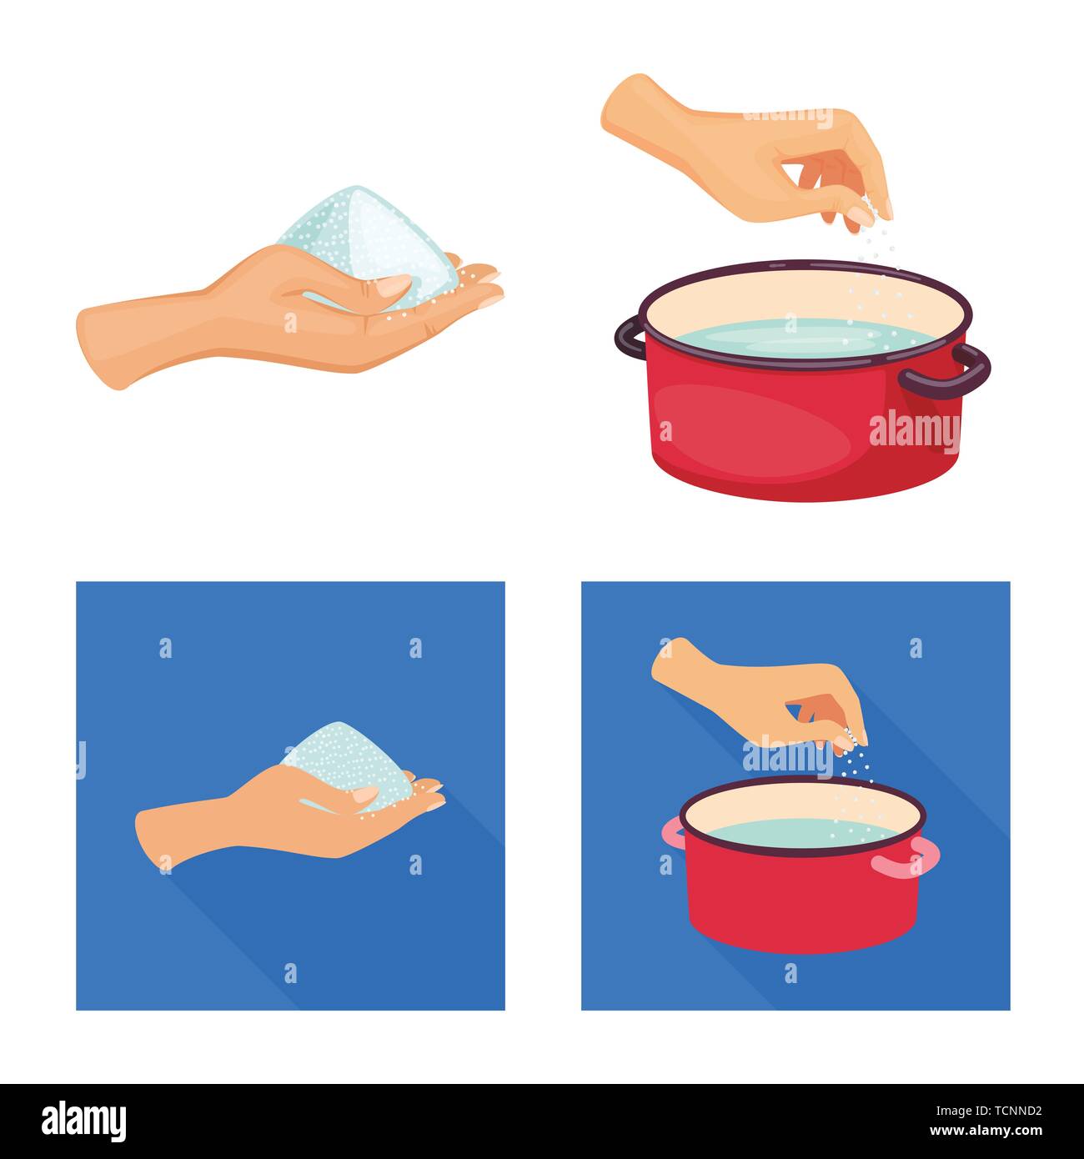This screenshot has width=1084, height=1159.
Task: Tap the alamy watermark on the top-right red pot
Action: pos(914,430)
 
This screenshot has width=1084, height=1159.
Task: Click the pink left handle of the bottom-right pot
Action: pos(672,833)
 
